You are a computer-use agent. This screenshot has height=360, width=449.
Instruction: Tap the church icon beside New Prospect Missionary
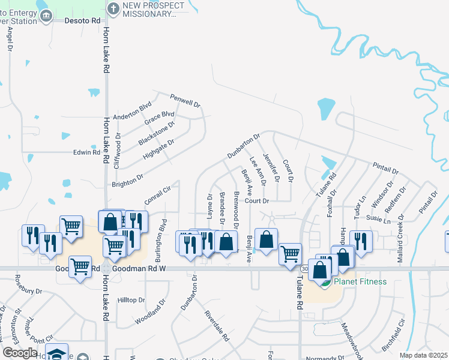pyautogui.click(x=113, y=8)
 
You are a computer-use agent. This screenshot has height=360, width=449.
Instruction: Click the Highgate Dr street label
pyautogui.click(x=158, y=149)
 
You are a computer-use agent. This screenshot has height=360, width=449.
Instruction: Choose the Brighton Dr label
pyautogui.click(x=127, y=178)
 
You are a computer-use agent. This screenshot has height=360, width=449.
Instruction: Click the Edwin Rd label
pyautogui.click(x=86, y=152)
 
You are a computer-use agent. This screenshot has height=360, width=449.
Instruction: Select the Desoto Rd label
pyautogui.click(x=82, y=20)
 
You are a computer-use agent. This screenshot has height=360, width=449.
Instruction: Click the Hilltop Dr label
pyautogui.click(x=131, y=300)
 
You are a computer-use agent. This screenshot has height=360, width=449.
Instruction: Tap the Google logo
pyautogui.click(x=20, y=353)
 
